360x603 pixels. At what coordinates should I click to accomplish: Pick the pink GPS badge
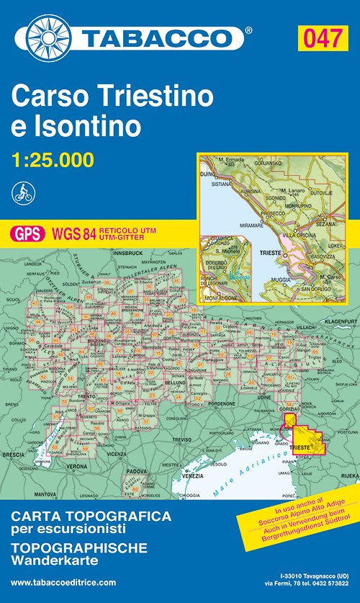coord(27,233)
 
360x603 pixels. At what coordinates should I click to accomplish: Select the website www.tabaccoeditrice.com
coord(63,582)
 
